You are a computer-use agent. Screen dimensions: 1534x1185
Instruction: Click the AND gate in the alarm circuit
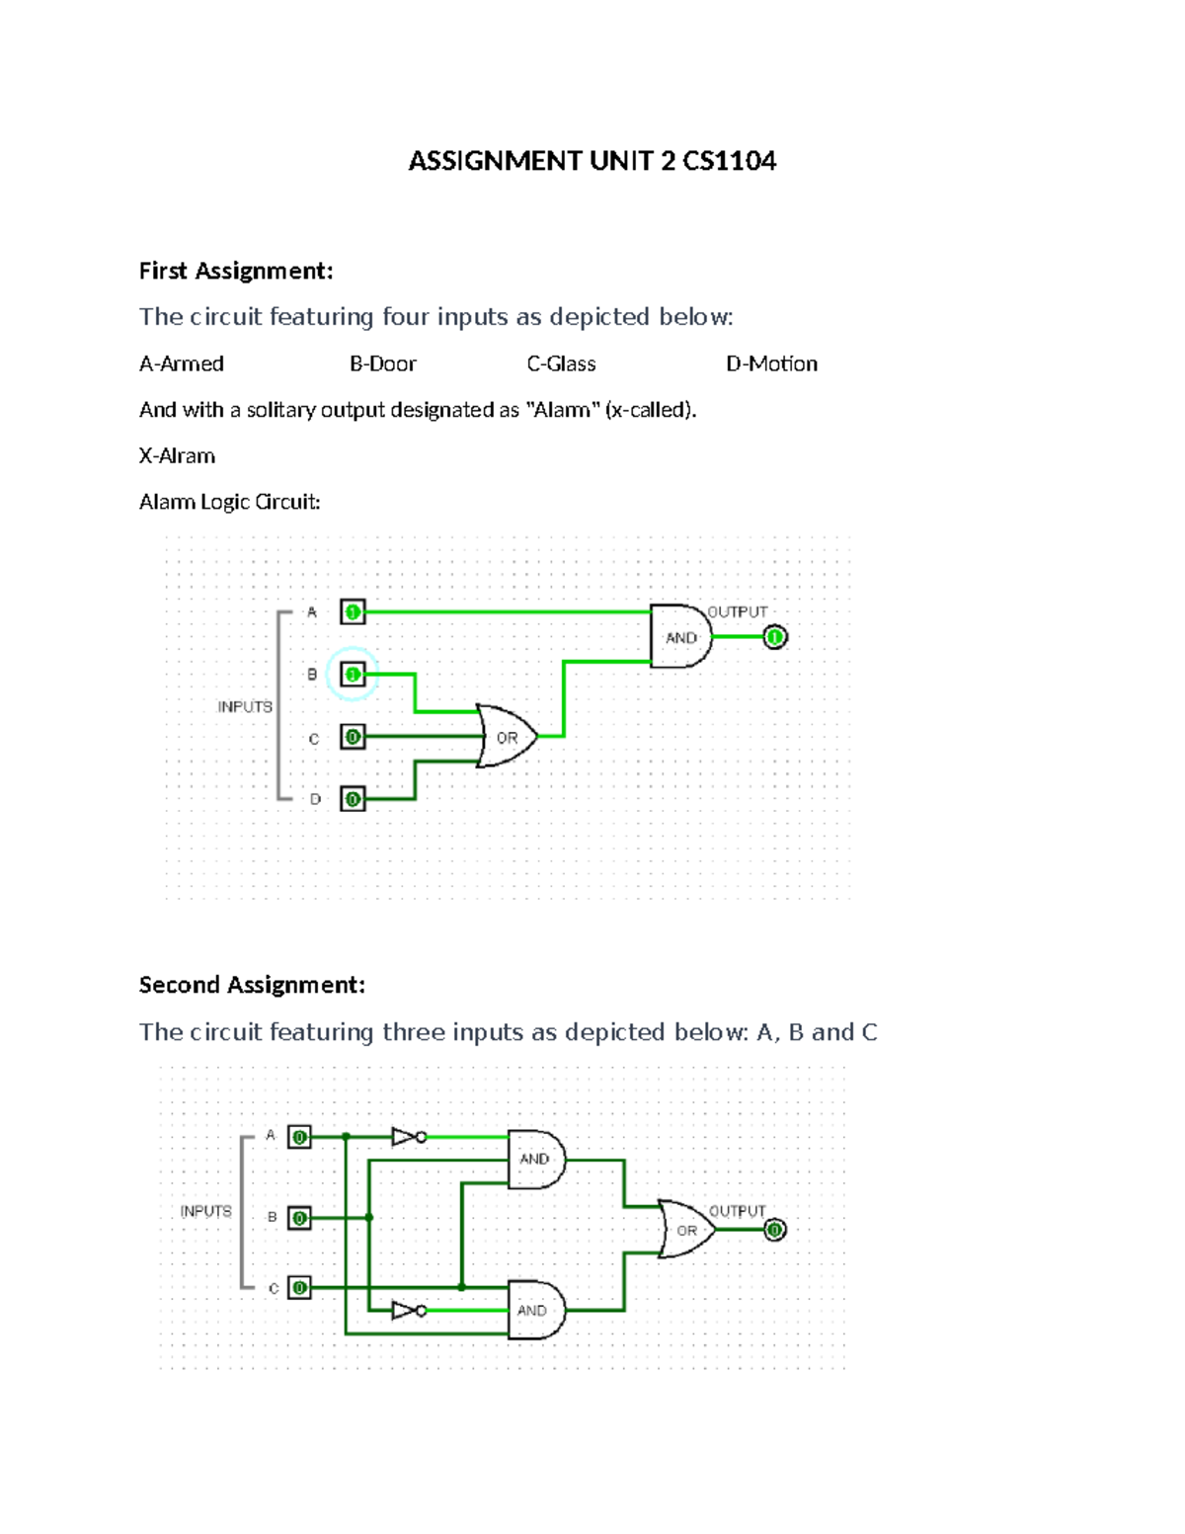point(679,637)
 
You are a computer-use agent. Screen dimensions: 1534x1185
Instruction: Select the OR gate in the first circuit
point(506,737)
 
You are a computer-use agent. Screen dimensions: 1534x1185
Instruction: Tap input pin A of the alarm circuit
point(353,612)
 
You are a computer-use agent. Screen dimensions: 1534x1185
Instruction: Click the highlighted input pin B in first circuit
point(353,675)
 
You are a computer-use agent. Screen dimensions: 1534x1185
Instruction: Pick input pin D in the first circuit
point(353,799)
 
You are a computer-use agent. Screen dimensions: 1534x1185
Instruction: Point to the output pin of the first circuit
point(775,637)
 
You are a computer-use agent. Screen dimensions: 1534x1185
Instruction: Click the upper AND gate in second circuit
point(535,1159)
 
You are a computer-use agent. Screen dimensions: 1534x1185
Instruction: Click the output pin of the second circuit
point(775,1230)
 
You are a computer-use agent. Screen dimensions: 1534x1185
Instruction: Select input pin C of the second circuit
point(299,1288)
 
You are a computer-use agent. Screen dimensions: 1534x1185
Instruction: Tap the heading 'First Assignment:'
point(236,271)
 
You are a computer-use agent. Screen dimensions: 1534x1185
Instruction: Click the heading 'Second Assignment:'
point(252,985)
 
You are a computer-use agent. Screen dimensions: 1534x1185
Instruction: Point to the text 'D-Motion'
point(771,363)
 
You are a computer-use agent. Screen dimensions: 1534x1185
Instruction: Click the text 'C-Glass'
point(561,363)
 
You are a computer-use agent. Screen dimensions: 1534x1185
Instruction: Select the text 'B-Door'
point(383,363)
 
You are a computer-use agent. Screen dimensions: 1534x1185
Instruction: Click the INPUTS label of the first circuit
point(245,706)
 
